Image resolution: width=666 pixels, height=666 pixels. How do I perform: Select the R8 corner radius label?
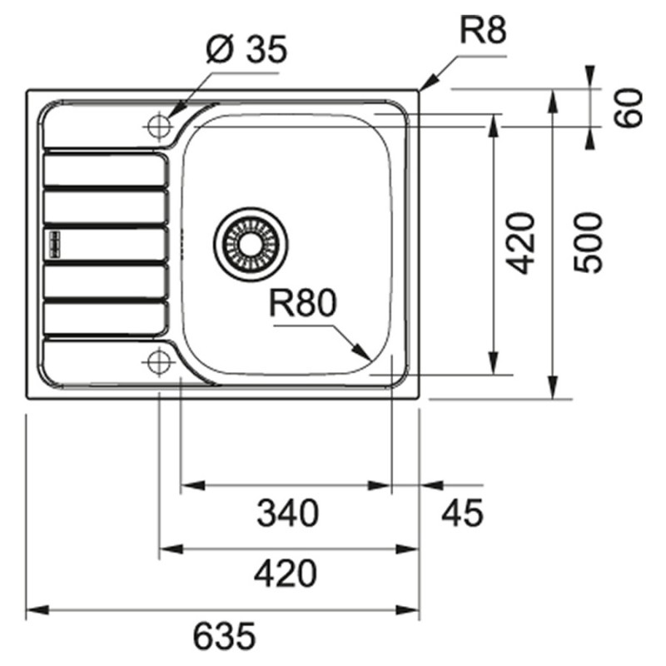click(x=483, y=32)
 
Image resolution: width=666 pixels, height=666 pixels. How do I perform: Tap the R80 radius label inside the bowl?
click(x=301, y=305)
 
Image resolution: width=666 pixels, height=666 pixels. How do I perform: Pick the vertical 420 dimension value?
click(x=521, y=243)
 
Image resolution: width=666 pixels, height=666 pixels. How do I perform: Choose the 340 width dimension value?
click(x=287, y=512)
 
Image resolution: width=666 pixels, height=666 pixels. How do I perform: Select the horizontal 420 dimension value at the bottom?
click(x=286, y=574)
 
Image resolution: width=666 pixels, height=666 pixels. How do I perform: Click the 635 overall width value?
click(x=224, y=638)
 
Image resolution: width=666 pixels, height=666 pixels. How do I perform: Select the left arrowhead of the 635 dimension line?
click(x=33, y=610)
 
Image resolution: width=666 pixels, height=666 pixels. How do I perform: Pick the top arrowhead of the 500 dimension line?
click(x=552, y=97)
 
